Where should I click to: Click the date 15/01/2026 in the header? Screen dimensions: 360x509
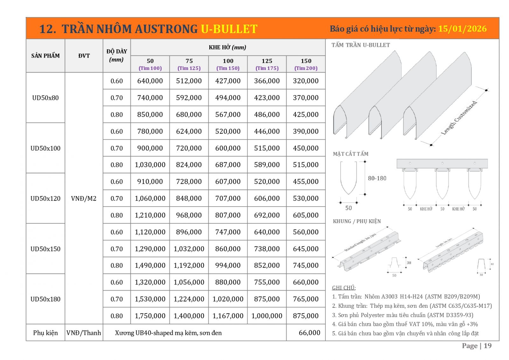462,29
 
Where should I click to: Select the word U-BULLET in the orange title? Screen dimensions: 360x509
229,29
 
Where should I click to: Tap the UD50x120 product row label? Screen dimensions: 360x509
45,199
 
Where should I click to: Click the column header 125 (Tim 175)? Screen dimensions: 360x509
267,64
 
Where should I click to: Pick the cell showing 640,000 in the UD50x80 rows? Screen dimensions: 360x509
150,81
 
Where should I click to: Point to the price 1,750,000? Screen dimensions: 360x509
150,316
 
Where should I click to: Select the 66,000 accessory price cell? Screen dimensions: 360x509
309,333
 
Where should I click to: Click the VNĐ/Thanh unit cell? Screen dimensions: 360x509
84,333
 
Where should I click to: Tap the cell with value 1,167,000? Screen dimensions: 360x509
228,316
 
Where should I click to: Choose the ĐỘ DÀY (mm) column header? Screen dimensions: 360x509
116,56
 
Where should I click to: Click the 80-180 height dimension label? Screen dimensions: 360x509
377,179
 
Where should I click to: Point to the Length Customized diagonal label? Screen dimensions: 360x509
459,118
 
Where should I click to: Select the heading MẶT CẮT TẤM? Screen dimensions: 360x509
351,154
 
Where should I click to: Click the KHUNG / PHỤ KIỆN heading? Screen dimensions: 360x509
357,221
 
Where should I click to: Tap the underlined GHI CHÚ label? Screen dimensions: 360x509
344,288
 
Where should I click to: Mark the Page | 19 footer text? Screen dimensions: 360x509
477,346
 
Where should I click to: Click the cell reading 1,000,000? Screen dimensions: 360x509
267,316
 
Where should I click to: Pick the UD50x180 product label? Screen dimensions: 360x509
45,299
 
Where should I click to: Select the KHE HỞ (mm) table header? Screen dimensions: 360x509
227,48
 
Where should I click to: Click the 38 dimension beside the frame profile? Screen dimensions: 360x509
409,263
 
